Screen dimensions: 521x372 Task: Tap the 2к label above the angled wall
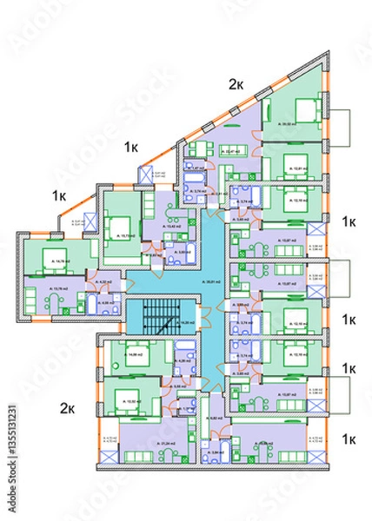pos(236,83)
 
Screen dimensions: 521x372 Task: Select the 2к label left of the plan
pos(67,406)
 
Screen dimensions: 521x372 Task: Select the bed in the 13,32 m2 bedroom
pos(130,399)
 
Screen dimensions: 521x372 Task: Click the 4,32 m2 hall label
pos(102,282)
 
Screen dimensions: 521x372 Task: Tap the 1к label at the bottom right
pos(349,439)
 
